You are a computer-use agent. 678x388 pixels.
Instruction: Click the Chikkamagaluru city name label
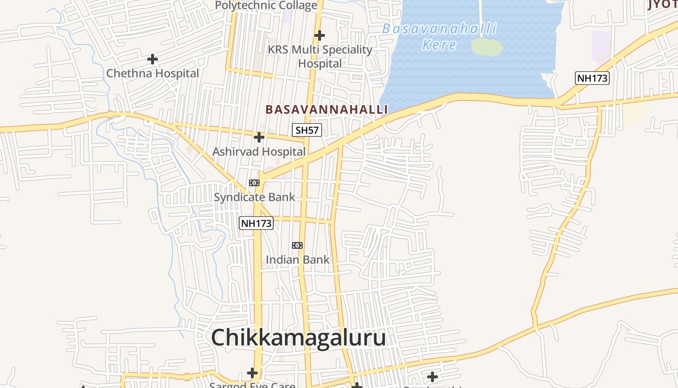(298, 338)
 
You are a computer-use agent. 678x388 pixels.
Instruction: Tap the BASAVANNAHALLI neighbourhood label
(326, 110)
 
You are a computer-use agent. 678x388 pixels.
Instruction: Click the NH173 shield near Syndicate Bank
(256, 223)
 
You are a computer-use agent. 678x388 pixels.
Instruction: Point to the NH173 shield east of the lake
(592, 78)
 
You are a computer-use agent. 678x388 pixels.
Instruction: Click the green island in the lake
(486, 47)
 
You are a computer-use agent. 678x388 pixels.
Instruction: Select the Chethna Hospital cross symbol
(153, 59)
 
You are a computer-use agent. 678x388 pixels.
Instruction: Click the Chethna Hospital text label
(153, 74)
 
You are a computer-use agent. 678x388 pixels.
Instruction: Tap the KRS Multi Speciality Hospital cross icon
(319, 35)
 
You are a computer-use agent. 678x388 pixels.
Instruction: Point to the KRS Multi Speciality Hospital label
(320, 56)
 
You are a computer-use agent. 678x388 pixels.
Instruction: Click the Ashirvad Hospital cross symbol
(259, 137)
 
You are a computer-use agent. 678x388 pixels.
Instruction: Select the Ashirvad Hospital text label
(259, 152)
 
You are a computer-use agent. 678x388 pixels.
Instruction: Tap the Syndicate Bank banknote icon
(254, 183)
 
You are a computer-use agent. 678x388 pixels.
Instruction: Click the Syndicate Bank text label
(254, 197)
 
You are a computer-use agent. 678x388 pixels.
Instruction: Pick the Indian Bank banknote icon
(297, 245)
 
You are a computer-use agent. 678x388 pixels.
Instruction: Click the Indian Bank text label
(297, 260)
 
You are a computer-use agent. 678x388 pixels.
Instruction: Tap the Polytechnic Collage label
(266, 5)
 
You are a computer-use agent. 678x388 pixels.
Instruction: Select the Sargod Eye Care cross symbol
(252, 373)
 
